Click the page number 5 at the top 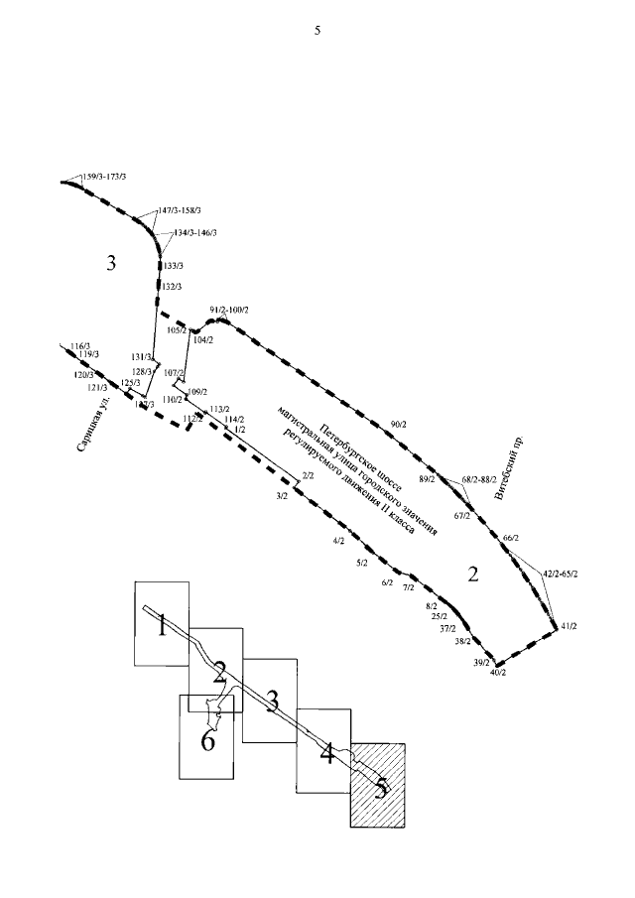coord(317,31)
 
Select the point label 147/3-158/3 coord(180,210)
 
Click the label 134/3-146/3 coord(194,232)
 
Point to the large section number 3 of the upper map coord(111,263)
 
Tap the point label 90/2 coord(399,425)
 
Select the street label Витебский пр coord(516,462)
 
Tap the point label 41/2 coord(569,626)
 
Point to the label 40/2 coord(498,673)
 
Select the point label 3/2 coord(282,495)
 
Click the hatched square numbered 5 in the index coord(377,784)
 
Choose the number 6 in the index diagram coord(208,741)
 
